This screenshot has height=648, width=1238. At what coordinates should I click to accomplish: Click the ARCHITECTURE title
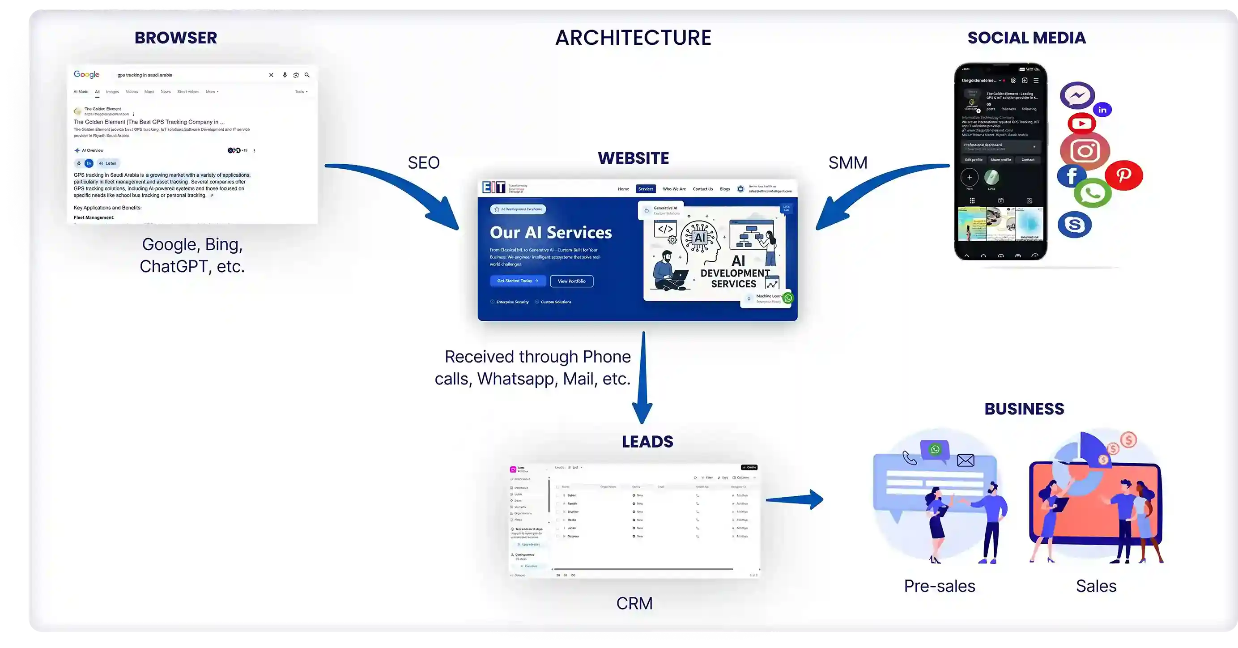[x=633, y=38]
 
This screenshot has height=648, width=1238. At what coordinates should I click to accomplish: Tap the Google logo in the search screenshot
[x=86, y=74]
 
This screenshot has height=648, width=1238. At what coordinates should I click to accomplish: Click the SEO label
[x=423, y=163]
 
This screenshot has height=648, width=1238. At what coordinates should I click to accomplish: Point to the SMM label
[x=848, y=163]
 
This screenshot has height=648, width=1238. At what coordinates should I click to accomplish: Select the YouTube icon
[x=1081, y=124]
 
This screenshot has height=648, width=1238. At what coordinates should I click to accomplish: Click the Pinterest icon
[x=1123, y=175]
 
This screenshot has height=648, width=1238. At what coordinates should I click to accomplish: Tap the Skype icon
[x=1074, y=225]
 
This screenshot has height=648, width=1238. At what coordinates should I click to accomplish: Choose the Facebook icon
[x=1071, y=176]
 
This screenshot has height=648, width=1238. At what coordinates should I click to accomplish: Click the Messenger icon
[x=1077, y=95]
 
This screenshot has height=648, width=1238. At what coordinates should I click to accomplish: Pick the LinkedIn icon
[x=1102, y=110]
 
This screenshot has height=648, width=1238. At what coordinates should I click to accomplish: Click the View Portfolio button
[x=571, y=281]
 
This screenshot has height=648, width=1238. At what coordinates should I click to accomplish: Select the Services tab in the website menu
[x=646, y=189]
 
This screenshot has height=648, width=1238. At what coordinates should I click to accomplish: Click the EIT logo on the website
[x=493, y=188]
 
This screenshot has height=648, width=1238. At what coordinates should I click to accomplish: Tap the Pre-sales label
[x=939, y=586]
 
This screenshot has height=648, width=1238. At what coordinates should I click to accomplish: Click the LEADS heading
[x=647, y=441]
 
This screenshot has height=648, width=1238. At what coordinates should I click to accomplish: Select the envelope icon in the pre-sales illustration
[x=965, y=460]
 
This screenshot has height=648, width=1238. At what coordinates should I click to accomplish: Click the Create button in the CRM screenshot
[x=749, y=467]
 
